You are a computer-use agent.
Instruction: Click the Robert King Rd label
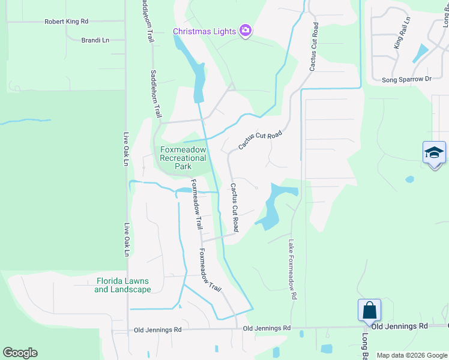66,22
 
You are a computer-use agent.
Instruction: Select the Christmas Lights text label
204,31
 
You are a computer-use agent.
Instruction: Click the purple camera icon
245,31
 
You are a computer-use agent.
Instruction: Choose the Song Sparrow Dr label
407,79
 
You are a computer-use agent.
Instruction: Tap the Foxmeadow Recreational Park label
183,158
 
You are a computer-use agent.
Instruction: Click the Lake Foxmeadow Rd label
292,270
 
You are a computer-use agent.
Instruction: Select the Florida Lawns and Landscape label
122,285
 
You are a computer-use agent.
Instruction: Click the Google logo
20,353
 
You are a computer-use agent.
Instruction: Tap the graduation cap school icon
434,153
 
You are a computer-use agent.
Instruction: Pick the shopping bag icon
369,311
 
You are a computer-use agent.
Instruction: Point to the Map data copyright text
411,355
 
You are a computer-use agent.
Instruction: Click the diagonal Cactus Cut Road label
260,141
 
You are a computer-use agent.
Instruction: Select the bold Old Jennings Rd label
399,326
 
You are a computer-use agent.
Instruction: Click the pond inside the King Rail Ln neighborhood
421,53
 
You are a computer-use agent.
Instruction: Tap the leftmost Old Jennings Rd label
157,330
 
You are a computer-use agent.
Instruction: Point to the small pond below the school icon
409,179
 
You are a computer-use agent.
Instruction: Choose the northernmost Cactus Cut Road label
313,48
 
